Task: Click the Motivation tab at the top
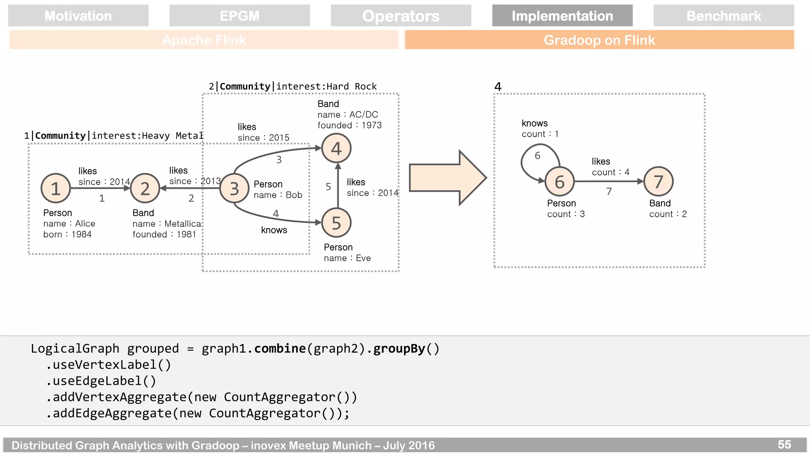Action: coord(78,16)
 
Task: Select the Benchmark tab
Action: coord(723,16)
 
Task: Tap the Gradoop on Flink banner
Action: coord(599,40)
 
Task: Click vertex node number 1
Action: coord(56,188)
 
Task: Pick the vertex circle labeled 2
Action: coord(145,188)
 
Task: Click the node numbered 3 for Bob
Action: coord(235,188)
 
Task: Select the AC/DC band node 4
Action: coord(336,149)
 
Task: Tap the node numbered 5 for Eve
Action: coord(336,223)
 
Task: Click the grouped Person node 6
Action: coord(560,182)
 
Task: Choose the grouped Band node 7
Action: coord(658,182)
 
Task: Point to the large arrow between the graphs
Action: coord(447,178)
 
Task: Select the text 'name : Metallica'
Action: coord(167,224)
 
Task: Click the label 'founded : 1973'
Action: coord(350,125)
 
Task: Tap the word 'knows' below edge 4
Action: coord(274,230)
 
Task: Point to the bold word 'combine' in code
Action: coord(280,348)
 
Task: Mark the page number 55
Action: coord(784,444)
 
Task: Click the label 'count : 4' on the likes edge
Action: coord(610,172)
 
